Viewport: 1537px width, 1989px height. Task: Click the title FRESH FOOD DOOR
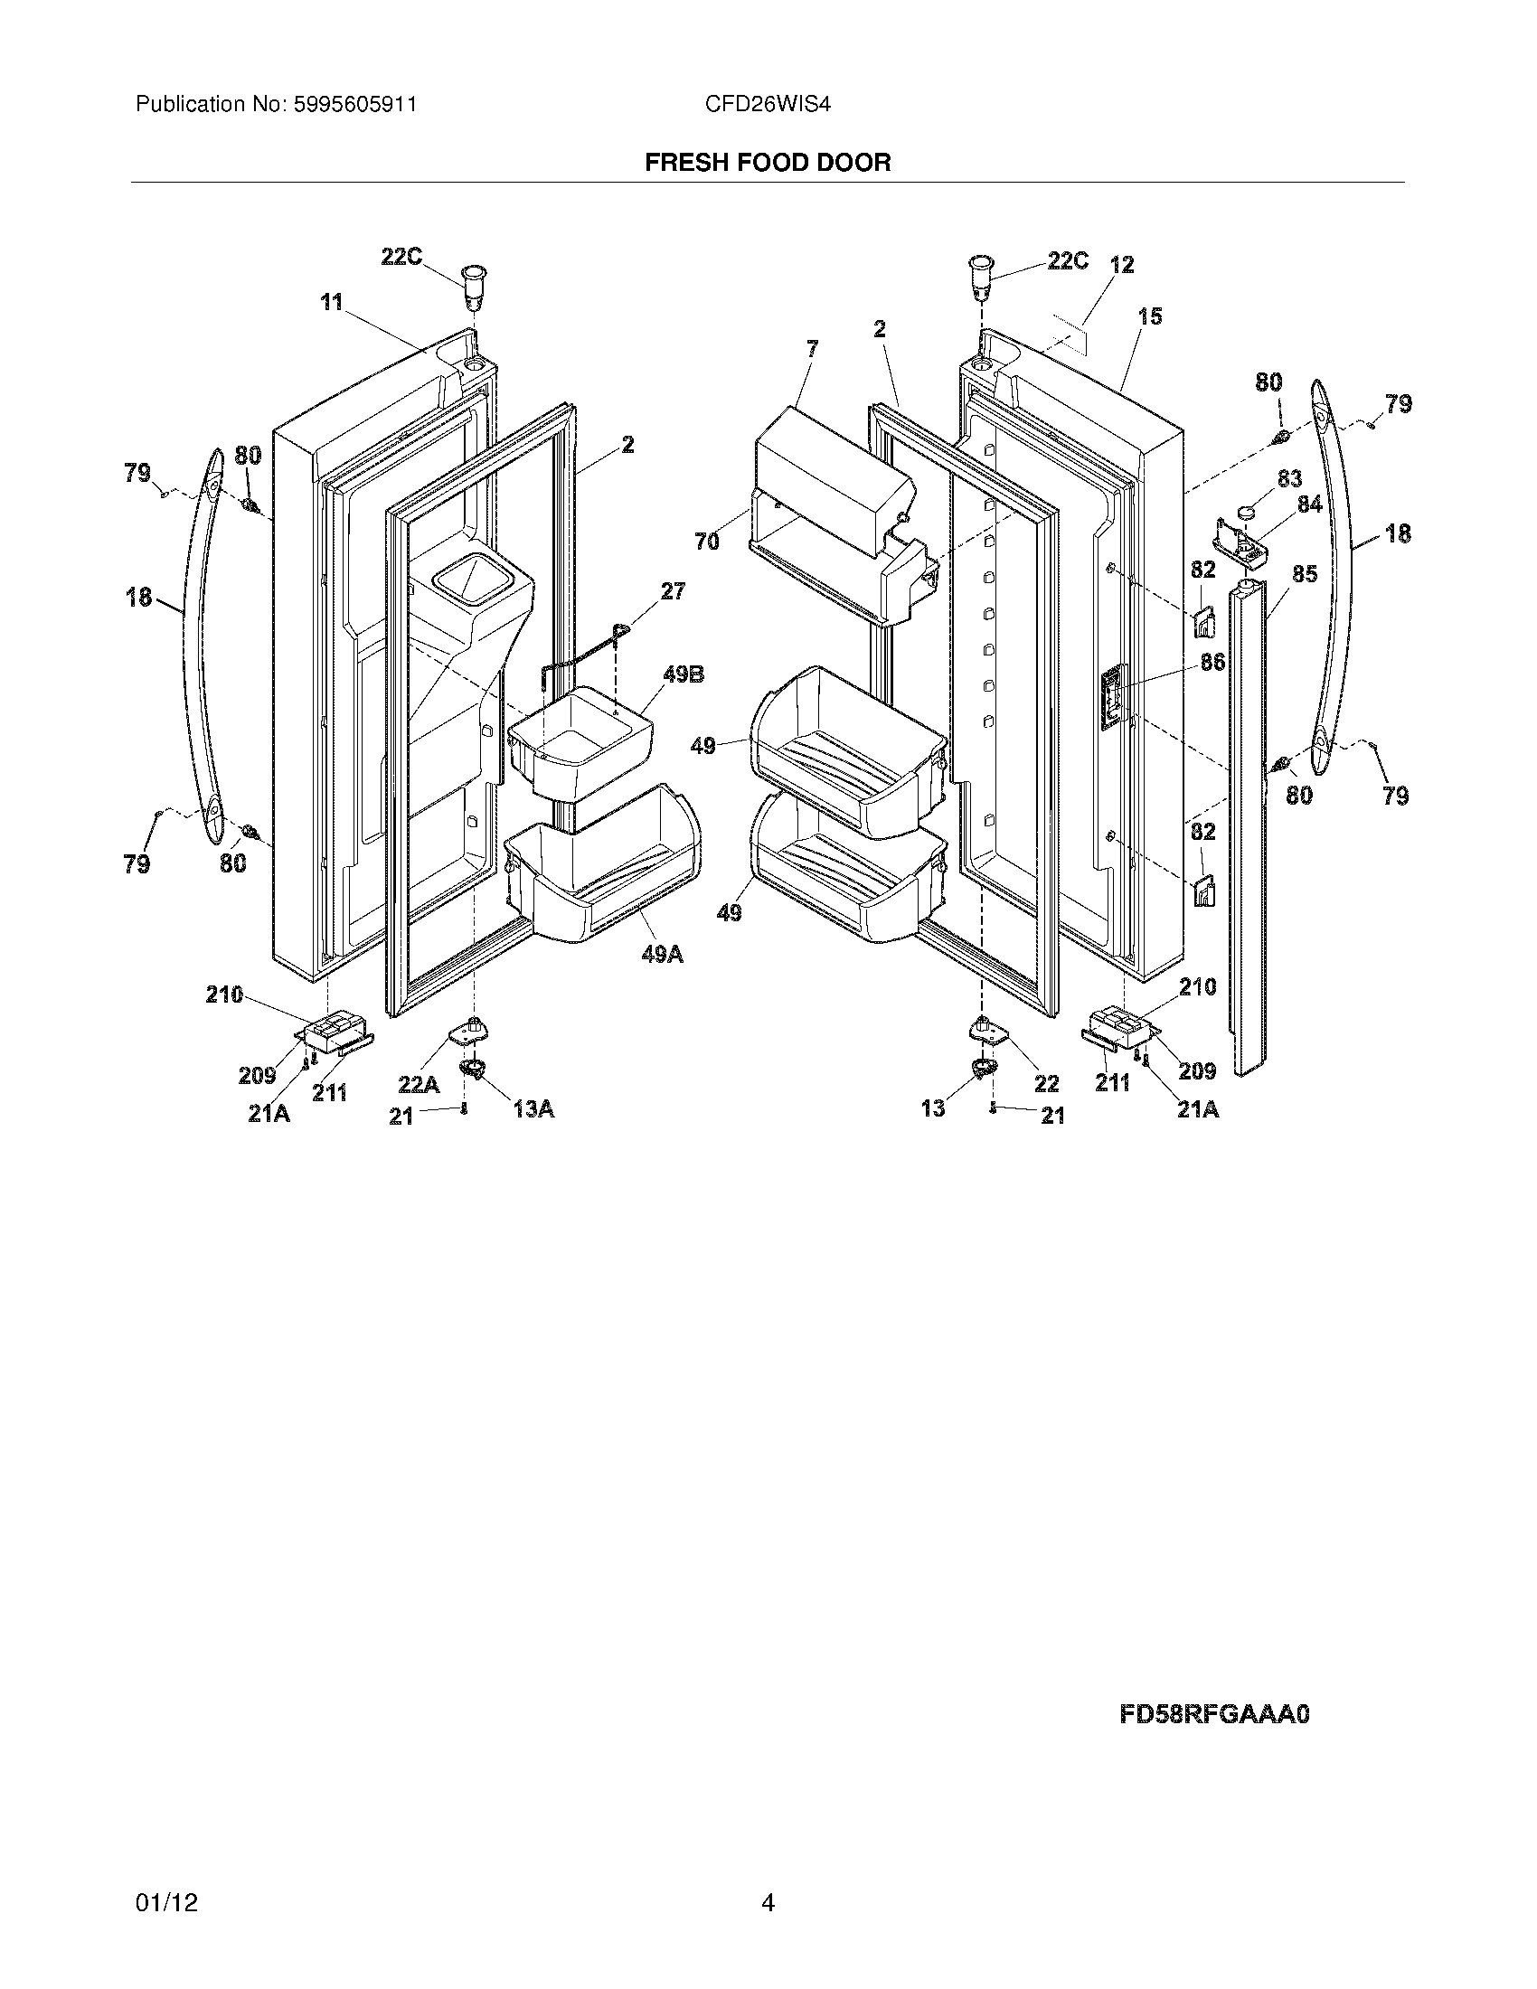[768, 163]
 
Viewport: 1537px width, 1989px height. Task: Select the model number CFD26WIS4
[768, 105]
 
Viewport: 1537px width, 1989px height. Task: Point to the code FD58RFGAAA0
[1213, 1714]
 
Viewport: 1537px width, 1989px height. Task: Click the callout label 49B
[683, 674]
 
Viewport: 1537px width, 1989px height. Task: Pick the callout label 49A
[662, 955]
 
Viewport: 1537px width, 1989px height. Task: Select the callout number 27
[673, 591]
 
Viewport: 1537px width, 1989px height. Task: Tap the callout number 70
[707, 542]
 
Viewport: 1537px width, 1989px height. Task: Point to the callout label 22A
[419, 1085]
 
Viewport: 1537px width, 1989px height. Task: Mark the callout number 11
[331, 301]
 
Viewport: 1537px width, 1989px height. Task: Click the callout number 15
[1150, 316]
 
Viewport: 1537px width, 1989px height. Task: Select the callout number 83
[1289, 478]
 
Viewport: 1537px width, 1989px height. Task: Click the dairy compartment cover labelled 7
[828, 465]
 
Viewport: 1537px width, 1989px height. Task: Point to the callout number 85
[1305, 575]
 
